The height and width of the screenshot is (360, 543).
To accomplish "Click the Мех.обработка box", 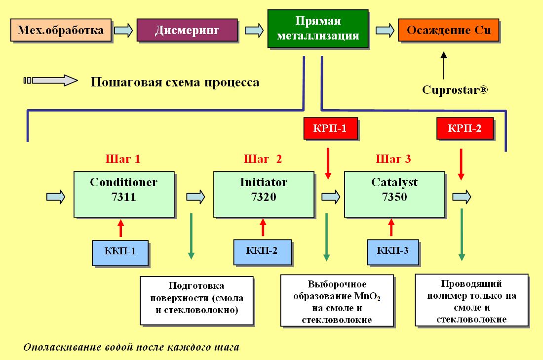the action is (x=61, y=30).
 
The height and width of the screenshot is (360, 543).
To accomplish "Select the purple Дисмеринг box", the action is (x=187, y=30).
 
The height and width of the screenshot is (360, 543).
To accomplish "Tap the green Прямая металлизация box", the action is (x=318, y=29).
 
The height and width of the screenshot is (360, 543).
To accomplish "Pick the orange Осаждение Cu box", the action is (x=448, y=30).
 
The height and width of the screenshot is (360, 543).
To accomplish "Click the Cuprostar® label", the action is (x=455, y=90).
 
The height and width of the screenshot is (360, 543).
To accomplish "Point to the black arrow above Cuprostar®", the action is (x=444, y=66).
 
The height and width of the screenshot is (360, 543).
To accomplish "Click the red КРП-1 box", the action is (x=330, y=128).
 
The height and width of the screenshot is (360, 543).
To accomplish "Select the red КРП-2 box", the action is (x=465, y=128).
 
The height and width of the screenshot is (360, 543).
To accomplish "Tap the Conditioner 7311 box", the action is (x=124, y=195).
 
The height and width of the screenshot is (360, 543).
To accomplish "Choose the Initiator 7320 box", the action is (x=264, y=195).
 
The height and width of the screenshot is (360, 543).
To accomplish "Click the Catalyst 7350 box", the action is (x=394, y=195).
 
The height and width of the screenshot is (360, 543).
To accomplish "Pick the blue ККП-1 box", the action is (x=120, y=253).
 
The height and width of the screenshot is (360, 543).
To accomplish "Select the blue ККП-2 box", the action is (x=262, y=252).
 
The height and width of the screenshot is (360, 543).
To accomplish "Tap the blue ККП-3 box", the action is (x=393, y=252).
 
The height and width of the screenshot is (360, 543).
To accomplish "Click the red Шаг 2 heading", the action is (x=263, y=159).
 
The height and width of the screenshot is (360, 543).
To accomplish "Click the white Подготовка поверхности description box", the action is (x=196, y=300).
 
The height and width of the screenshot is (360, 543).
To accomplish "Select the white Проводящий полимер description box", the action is (x=471, y=300).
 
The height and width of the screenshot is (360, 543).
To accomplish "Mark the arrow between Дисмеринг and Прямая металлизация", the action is (x=254, y=30).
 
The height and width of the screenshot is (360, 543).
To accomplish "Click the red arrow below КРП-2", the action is (x=461, y=164).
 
